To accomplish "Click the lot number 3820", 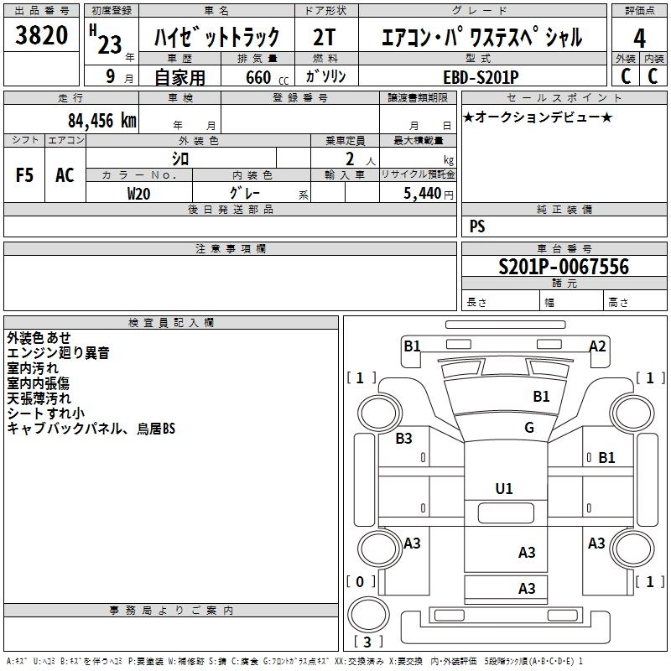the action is (x=42, y=36).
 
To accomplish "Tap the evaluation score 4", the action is (x=639, y=39).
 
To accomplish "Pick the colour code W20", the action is (x=138, y=192).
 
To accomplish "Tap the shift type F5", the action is (x=24, y=175).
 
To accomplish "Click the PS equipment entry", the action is (x=477, y=226).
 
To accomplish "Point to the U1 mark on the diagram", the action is (x=504, y=488).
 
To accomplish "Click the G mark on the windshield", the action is (x=529, y=428).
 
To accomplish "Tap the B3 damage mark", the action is (x=404, y=438).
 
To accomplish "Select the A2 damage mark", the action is (x=597, y=346).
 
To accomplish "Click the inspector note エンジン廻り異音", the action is (x=58, y=353).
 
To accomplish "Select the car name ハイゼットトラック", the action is (x=216, y=39).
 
